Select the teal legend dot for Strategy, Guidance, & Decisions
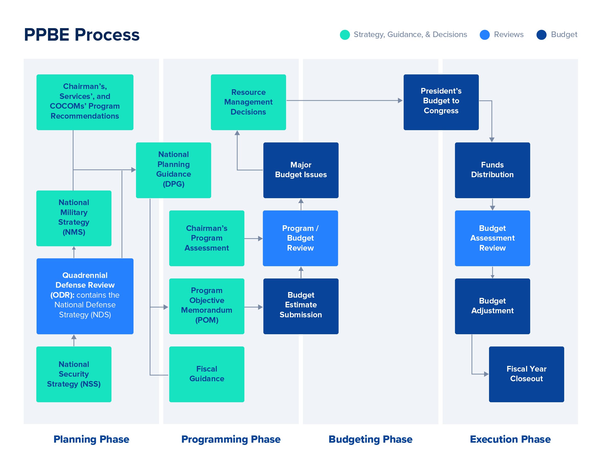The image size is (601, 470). [345, 35]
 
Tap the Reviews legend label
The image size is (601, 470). [508, 35]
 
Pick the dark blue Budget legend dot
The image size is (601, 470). [541, 35]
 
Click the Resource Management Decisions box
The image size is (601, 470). [248, 102]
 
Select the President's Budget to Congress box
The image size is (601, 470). [441, 102]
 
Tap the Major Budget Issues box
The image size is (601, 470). [301, 170]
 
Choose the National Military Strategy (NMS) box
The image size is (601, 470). [74, 218]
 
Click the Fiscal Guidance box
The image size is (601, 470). [207, 374]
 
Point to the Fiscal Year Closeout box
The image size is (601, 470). [526, 374]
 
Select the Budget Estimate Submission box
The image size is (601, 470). [301, 306]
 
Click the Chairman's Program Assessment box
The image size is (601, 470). [207, 238]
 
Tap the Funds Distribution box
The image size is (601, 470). [492, 170]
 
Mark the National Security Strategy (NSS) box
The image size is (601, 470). [74, 374]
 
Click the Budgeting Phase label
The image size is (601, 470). [370, 439]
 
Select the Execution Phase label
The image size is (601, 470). [510, 439]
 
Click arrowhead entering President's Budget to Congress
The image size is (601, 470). [400, 100]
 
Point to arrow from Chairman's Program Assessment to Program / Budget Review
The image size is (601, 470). [253, 238]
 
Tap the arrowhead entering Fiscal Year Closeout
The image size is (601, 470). [486, 374]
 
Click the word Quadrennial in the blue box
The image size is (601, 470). [85, 275]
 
